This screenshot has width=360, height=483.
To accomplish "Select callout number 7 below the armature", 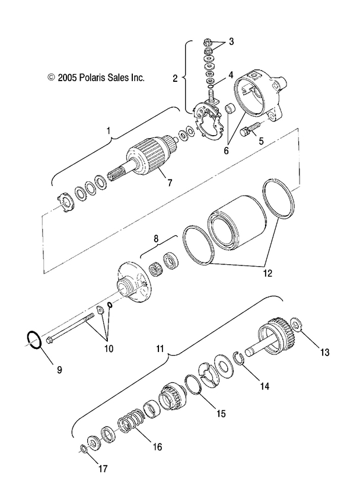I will coord(170,183).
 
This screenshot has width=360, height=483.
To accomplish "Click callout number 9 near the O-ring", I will coord(59,370).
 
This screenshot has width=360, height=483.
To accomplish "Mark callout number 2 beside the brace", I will coord(175,78).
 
